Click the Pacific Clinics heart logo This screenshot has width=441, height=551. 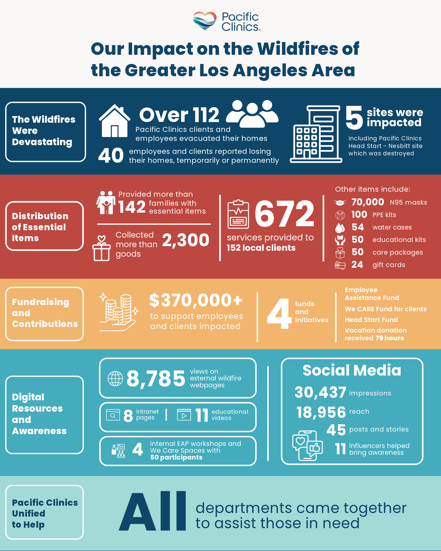205,21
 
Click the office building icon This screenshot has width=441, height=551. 316,134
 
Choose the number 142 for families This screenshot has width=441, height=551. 132,207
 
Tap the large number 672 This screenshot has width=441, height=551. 284,213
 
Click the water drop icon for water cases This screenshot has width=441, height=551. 340,227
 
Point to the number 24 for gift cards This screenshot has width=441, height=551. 357,264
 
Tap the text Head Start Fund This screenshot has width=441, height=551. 371,320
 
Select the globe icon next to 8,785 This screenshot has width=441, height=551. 115,379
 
